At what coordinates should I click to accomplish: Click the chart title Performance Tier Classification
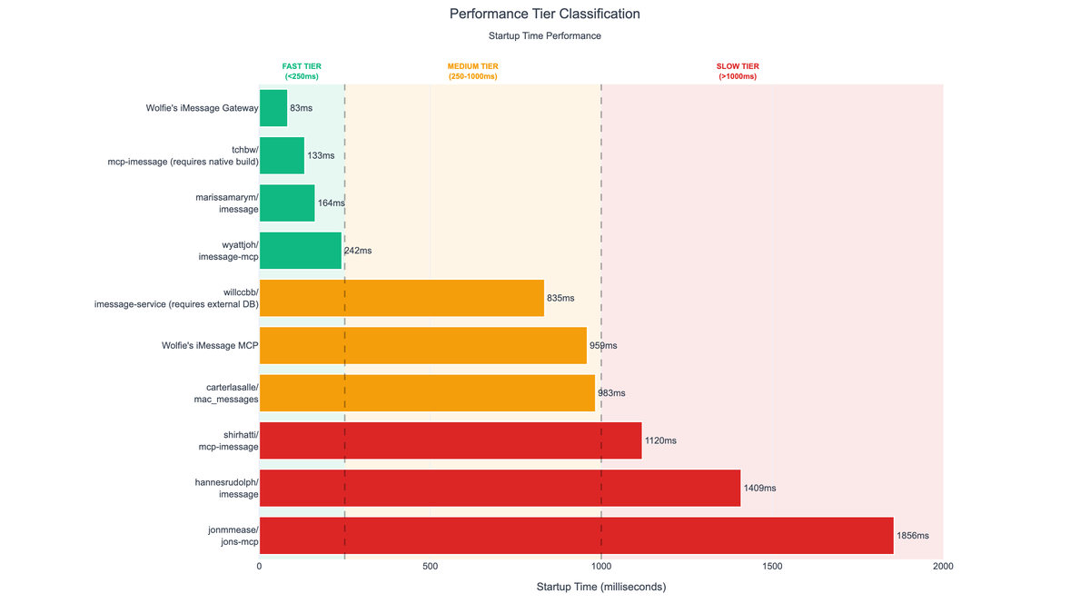coord(544,15)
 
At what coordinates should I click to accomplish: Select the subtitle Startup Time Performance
coord(544,36)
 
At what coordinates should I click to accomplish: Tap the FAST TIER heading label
coord(302,72)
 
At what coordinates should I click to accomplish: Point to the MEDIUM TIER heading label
coord(472,72)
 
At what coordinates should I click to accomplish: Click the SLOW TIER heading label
coord(738,72)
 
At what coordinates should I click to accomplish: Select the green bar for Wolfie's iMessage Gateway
coord(273,108)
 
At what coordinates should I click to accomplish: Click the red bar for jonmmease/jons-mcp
coord(576,536)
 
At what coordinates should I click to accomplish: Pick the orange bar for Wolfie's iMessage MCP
coord(423,346)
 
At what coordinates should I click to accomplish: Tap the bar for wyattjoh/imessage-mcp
coord(301,251)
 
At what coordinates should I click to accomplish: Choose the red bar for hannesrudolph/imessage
coord(500,488)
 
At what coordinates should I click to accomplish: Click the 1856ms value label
coord(912,536)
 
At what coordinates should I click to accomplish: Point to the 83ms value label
coord(301,108)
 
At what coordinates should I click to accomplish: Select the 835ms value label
coord(560,298)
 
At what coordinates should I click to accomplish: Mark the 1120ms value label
coord(660,440)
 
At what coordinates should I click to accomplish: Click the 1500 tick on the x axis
coord(772,567)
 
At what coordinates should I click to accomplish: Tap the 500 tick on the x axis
coord(431,567)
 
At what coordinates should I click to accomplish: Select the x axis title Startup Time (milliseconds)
coord(600,588)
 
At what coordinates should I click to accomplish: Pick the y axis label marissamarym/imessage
coord(227,203)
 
